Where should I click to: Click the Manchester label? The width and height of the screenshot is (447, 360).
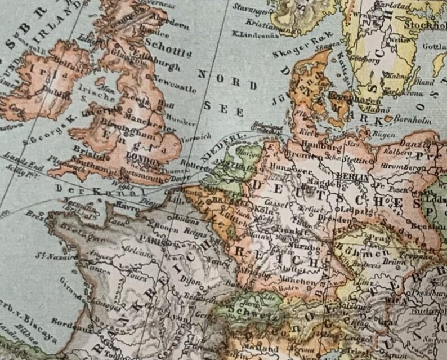click(x=141, y=119)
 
